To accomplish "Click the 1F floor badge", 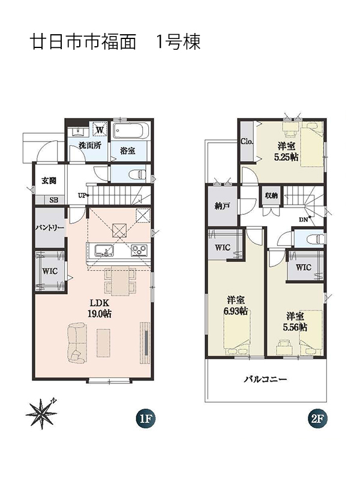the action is tap(145, 418).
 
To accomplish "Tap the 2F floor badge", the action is tap(317, 418).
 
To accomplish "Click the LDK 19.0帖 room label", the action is tap(100, 308).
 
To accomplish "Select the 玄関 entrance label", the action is tap(49, 181).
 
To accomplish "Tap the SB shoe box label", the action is tap(53, 200).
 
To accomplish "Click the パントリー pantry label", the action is tap(50, 228).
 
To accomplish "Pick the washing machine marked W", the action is tap(100, 129).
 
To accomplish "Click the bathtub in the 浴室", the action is tap(131, 131).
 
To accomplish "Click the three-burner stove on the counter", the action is tap(139, 250).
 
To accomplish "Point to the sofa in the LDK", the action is tap(76, 341).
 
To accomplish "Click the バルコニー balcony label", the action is tap(265, 380).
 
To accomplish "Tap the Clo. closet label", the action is tap(247, 142).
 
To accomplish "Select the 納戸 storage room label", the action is tap(222, 206).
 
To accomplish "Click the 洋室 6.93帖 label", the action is tap(236, 305).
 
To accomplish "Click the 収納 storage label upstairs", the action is tap(271, 196).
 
